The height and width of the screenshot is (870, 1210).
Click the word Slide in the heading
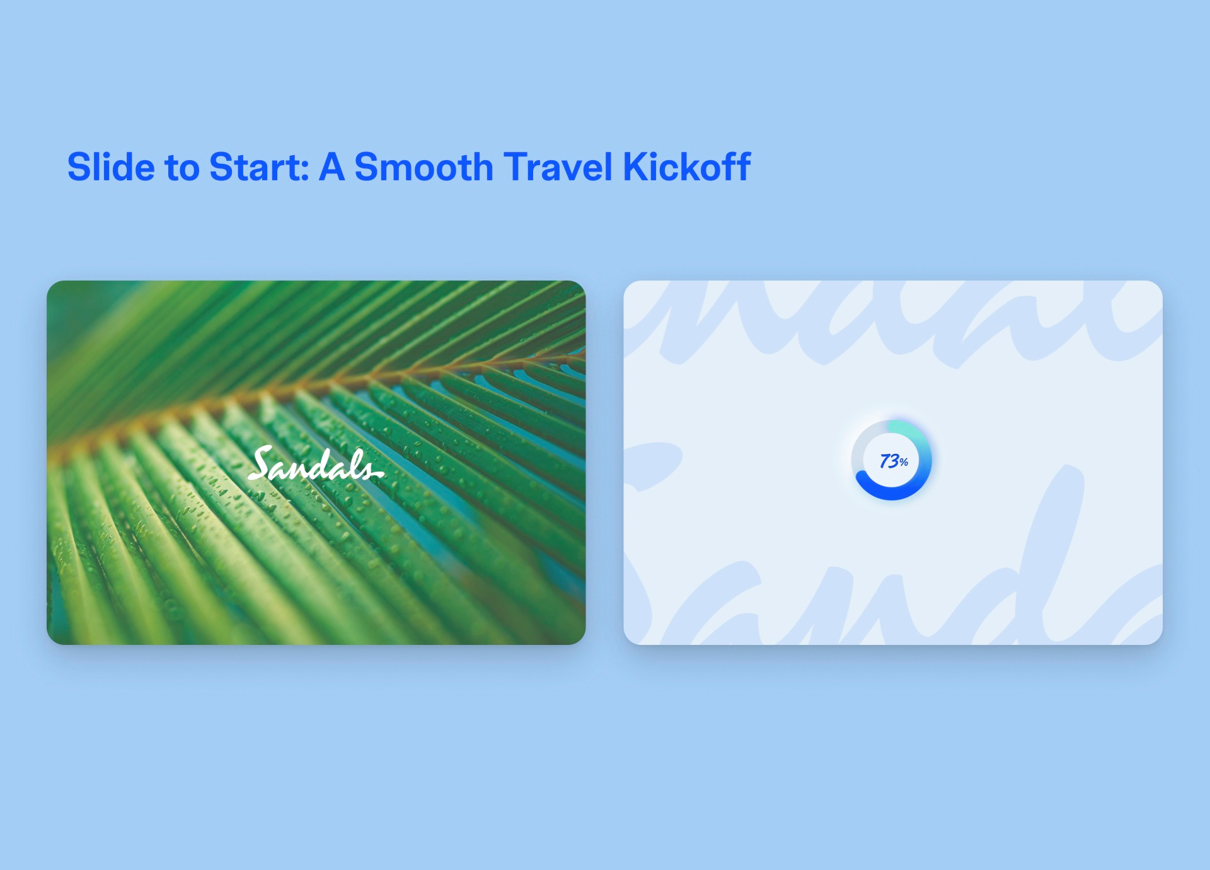pyautogui.click(x=111, y=167)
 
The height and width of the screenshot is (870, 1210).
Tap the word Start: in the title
pyautogui.click(x=259, y=167)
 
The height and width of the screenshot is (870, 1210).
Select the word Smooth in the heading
pyautogui.click(x=423, y=167)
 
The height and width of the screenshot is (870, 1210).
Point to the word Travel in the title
pyautogui.click(x=558, y=167)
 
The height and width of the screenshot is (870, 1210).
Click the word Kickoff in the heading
pyautogui.click(x=686, y=167)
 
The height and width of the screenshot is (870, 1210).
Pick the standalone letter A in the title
pyautogui.click(x=332, y=167)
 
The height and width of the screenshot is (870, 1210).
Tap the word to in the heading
pyautogui.click(x=182, y=169)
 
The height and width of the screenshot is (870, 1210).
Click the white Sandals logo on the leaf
pyautogui.click(x=316, y=463)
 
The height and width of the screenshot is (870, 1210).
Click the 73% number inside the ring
pyautogui.click(x=894, y=461)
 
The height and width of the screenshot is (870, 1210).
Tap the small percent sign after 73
pyautogui.click(x=904, y=463)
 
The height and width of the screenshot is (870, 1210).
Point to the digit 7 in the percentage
pyautogui.click(x=885, y=461)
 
